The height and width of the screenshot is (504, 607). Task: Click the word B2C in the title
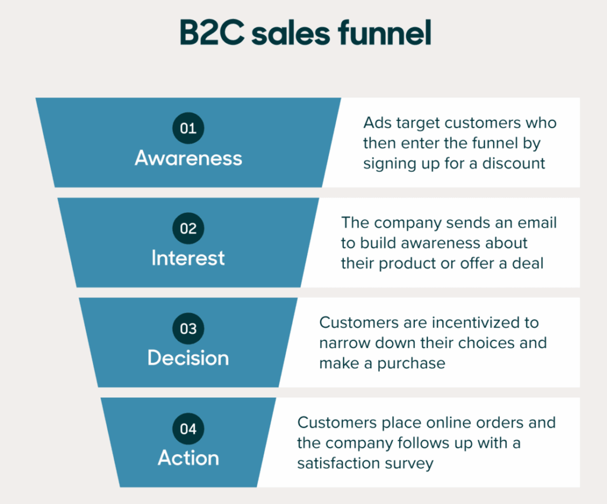212,33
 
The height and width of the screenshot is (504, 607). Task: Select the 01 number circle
188,128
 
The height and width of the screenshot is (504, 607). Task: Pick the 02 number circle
188,228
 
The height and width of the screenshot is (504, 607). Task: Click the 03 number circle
188,328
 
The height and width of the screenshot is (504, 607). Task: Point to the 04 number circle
188,429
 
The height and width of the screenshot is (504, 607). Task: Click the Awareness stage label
189,158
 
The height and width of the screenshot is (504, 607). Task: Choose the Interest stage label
188,258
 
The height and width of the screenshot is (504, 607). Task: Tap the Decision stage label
188,358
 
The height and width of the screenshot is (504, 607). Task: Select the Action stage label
189,458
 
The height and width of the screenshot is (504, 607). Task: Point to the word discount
513,163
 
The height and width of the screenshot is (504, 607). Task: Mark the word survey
410,464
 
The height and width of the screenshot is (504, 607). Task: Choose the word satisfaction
338,463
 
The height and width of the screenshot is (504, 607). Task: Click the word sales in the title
290,34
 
